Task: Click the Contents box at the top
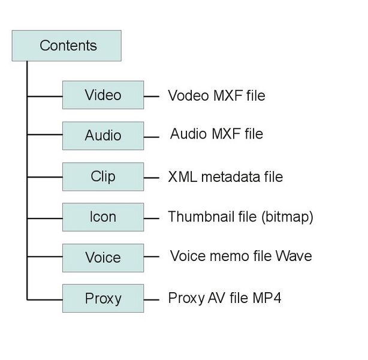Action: tap(67, 46)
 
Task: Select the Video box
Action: tap(103, 95)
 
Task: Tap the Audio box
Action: tap(103, 135)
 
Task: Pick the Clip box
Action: tap(103, 177)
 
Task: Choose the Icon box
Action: tap(103, 217)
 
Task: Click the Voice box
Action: tap(103, 257)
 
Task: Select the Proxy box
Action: tap(103, 298)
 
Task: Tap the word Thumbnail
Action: tap(197, 217)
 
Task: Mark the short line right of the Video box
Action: tap(152, 95)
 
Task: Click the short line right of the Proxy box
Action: tap(152, 298)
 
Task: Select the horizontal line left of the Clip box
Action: tap(44, 177)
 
